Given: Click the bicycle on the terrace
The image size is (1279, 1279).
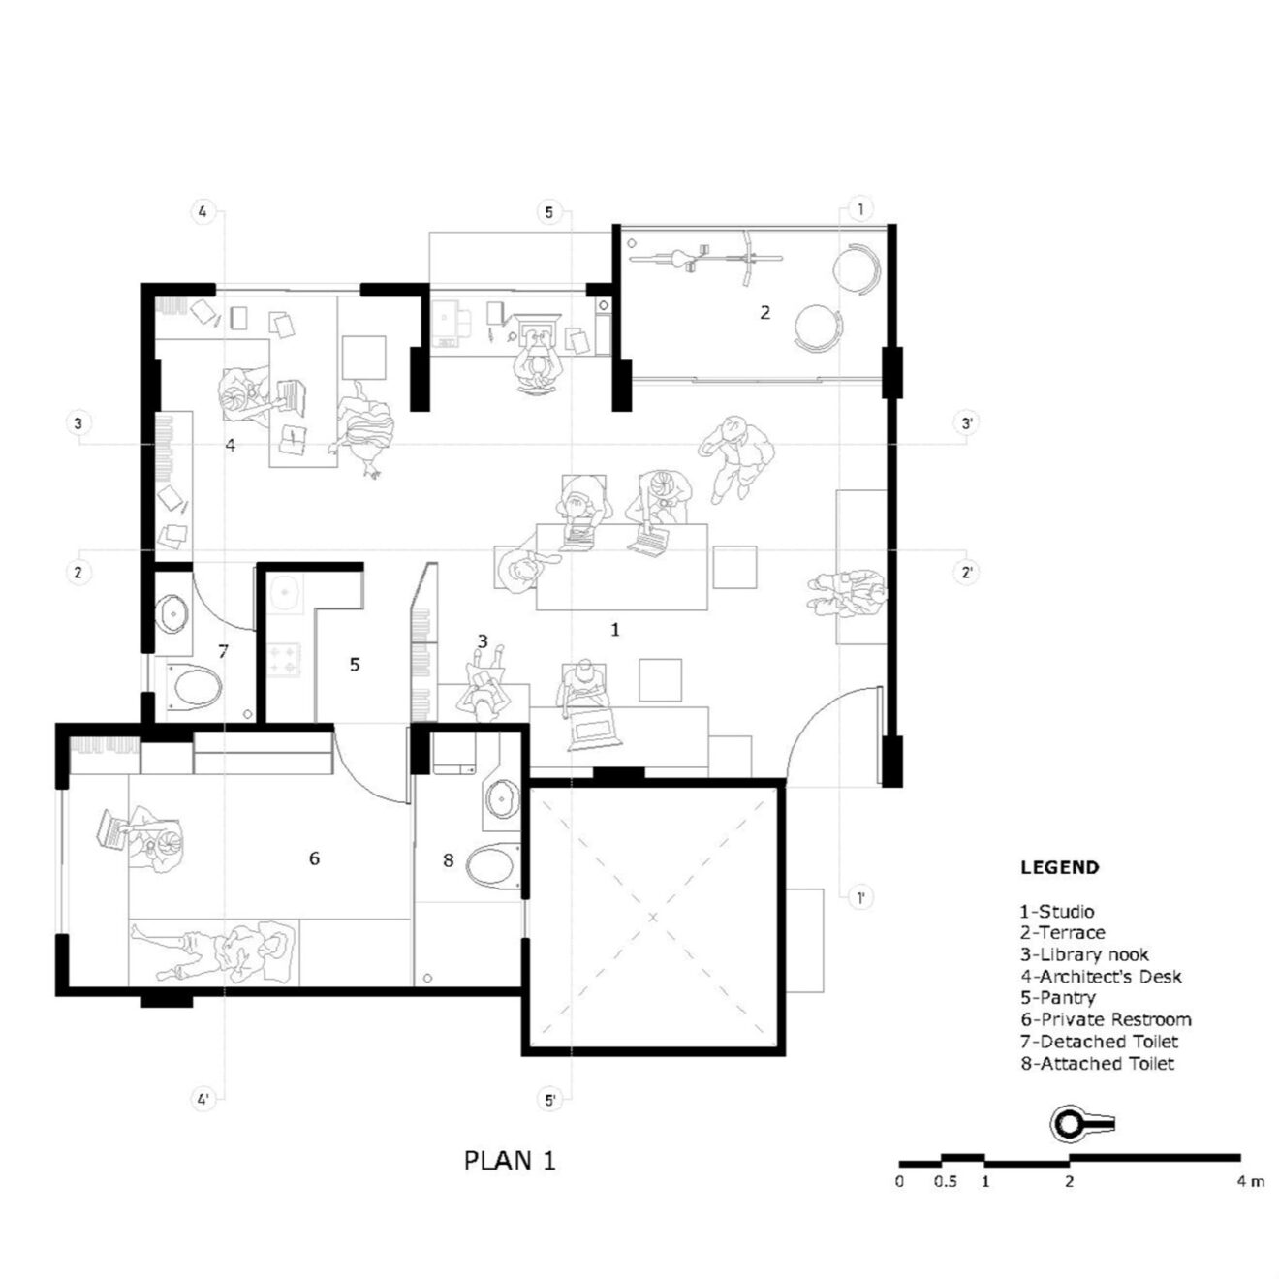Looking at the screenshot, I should (x=705, y=257).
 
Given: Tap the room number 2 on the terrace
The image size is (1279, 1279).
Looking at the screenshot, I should (x=764, y=312).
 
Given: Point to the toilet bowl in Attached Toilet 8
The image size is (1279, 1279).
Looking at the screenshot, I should (x=494, y=865).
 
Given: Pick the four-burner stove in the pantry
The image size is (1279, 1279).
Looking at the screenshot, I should (x=286, y=661).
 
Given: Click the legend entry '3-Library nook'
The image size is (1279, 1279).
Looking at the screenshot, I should (x=1083, y=954).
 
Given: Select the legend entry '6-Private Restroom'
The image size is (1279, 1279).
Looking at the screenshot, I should (x=1105, y=1019).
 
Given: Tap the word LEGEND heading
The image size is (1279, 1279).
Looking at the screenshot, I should (x=1059, y=868).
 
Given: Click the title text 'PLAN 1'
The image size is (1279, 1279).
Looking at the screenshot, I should (x=510, y=1160).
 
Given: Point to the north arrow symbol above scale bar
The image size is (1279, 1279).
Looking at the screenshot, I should (x=1081, y=1124).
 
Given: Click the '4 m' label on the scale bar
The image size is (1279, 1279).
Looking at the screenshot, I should (x=1250, y=1182).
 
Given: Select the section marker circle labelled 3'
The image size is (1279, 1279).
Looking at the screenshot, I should (x=966, y=423).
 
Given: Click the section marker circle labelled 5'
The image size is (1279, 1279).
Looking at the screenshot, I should (x=549, y=1100).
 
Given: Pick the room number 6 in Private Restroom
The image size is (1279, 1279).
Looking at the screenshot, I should (x=314, y=858).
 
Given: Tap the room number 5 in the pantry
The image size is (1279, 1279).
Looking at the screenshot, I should (x=355, y=665).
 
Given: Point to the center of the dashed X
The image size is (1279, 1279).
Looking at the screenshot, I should (x=653, y=917).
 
